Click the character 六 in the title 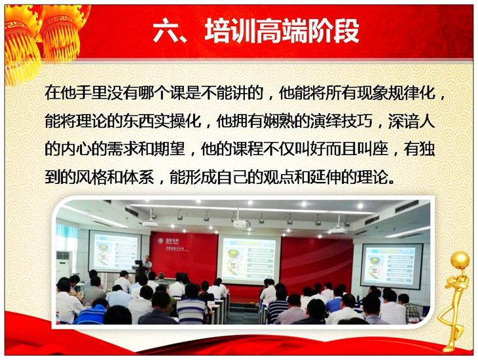pos(166,31)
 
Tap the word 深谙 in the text pos(403,120)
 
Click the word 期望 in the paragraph pos(170,149)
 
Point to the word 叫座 pos(373,149)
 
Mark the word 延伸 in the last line pos(325,177)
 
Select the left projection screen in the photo pos(115,251)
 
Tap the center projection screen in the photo pos(248,257)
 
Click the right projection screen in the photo pos(391,266)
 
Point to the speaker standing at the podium pos(147,265)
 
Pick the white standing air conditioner pos(64,265)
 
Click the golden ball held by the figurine pos(460,260)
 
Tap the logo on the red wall pos(160,241)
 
